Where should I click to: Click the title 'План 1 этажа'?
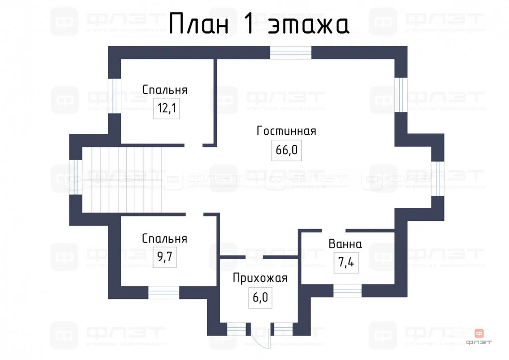point(258,24)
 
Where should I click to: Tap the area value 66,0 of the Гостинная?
point(287,150)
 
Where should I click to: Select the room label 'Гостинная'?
point(286,131)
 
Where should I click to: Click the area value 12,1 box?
point(167,108)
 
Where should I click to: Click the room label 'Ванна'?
point(345,244)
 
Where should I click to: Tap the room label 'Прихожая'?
point(260,278)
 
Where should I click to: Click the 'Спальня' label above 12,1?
point(165,90)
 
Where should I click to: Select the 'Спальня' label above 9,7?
point(165,239)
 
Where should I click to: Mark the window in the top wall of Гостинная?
point(291,52)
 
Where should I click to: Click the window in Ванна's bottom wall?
point(347,290)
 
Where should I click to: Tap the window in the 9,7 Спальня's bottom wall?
point(164,292)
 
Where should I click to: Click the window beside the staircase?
point(75,177)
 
